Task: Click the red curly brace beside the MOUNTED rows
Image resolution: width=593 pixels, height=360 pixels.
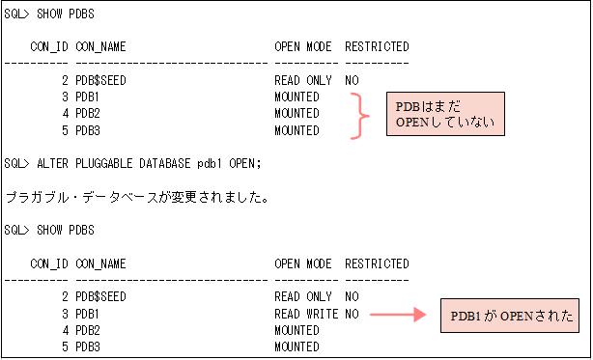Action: click(360, 115)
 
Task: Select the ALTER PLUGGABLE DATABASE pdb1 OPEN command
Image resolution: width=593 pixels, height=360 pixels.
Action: click(132, 162)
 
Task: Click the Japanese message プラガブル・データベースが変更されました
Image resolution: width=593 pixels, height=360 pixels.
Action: click(136, 197)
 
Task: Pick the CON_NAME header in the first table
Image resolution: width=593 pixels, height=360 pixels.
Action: click(101, 47)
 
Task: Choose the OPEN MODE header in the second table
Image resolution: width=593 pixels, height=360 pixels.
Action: click(302, 263)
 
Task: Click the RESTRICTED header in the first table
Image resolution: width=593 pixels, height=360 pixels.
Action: click(377, 47)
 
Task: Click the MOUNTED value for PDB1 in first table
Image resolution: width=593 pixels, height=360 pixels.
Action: click(296, 98)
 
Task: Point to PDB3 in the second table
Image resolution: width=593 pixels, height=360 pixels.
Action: click(88, 347)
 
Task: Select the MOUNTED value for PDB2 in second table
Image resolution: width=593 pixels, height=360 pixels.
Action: click(296, 331)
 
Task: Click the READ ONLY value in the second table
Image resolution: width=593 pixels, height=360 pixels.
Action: click(302, 297)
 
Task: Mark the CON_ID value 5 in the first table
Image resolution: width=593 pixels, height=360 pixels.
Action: click(64, 131)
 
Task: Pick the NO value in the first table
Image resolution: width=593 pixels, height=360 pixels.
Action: click(352, 81)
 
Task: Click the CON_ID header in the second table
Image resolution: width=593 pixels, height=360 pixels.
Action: click(48, 263)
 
